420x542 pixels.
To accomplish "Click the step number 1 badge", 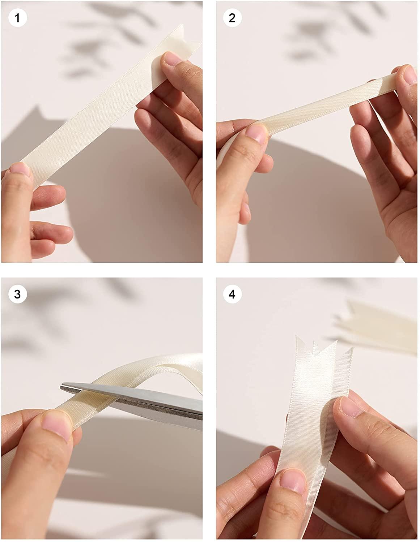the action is (x=17, y=18).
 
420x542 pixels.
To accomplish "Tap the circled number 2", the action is (x=232, y=18).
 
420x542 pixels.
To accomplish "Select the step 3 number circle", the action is (x=17, y=294).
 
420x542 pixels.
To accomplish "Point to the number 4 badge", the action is (x=232, y=294).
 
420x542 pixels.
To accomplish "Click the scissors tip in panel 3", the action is (x=61, y=387).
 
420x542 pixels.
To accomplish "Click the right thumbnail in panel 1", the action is (x=173, y=58).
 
